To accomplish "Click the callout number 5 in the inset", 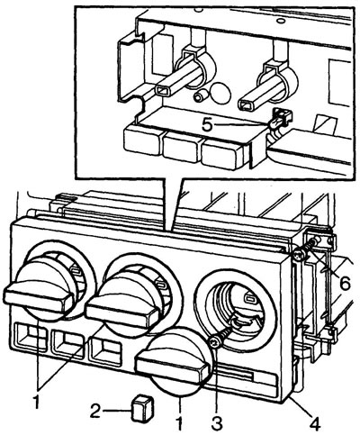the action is [208, 123].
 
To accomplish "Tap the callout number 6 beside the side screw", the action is [345, 283].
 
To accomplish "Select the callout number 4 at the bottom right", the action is [314, 423].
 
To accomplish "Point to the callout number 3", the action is [217, 423].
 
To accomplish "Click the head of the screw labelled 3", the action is [215, 342].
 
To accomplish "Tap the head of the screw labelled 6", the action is [298, 256].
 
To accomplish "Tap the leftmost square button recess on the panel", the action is [31, 336].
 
